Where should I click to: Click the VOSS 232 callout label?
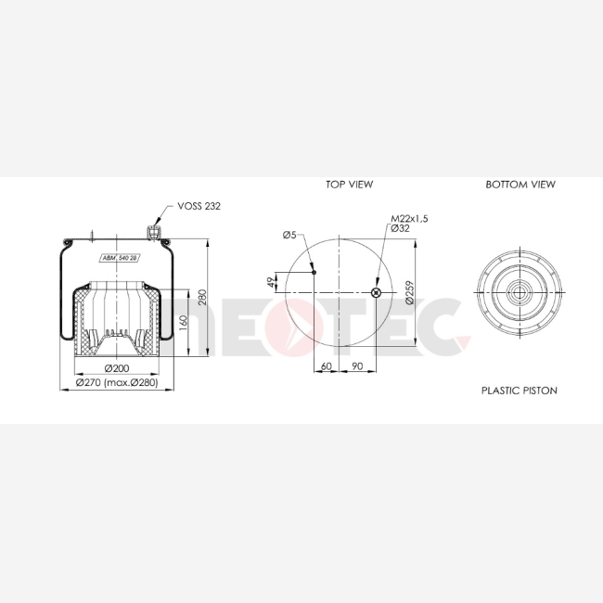click(199, 206)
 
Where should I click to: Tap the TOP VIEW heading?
click(349, 185)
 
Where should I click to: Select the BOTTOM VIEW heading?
click(520, 185)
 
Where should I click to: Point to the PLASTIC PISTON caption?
click(520, 391)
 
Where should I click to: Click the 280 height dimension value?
click(202, 297)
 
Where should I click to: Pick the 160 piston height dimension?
click(184, 323)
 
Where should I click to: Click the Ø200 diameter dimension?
click(117, 368)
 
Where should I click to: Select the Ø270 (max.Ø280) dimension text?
click(117, 382)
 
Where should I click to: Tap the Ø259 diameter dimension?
click(410, 292)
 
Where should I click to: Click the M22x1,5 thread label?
click(409, 218)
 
